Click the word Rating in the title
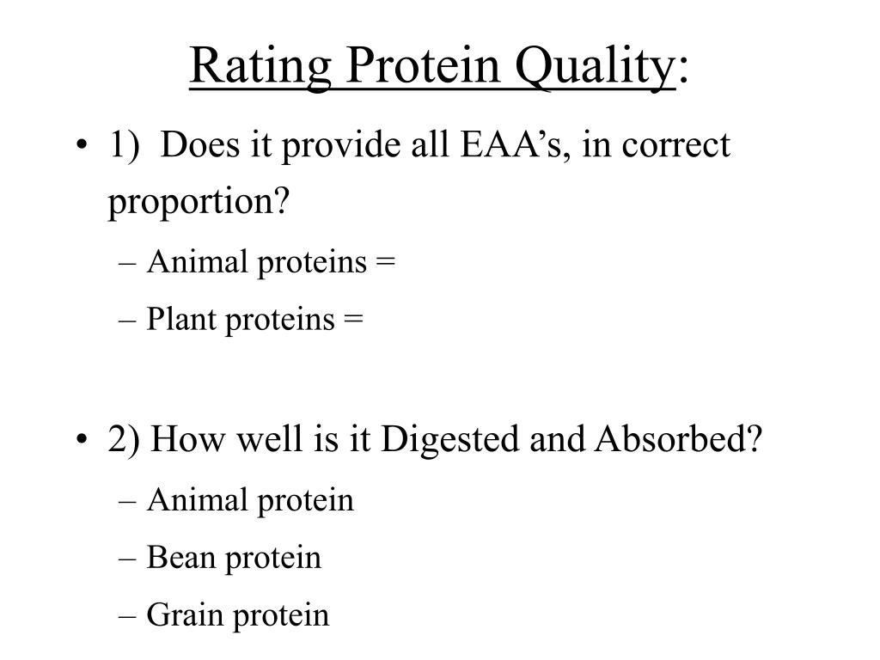260,67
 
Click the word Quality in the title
595,68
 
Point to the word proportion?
199,202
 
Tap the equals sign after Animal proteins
386,261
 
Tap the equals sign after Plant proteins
353,319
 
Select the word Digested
450,439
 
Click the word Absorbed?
679,438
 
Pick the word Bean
181,557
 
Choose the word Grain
186,614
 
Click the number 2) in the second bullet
124,439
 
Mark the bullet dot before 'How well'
82,438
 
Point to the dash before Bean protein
127,559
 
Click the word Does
199,144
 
